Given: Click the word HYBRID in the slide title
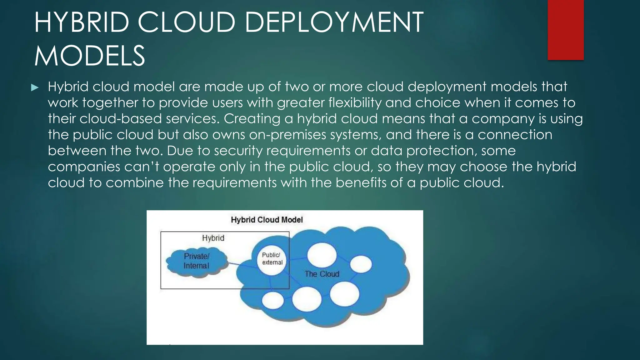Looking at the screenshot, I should point(82,22).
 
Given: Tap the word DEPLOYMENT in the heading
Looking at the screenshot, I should point(334,22).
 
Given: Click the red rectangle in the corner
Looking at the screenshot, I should point(566,30).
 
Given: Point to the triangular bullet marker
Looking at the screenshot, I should point(35,87).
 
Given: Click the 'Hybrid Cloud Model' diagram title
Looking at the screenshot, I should point(267,220).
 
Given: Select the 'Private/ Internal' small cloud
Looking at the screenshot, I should point(197,261).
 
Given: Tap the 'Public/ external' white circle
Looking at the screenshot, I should point(272,259).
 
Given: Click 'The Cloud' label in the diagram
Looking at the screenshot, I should point(322,274).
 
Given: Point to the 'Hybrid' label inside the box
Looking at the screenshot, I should point(213,238).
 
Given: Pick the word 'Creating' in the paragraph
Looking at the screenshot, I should point(252,119).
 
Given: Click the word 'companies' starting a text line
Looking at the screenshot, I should point(84,167).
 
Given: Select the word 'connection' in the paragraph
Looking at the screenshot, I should point(515,135).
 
